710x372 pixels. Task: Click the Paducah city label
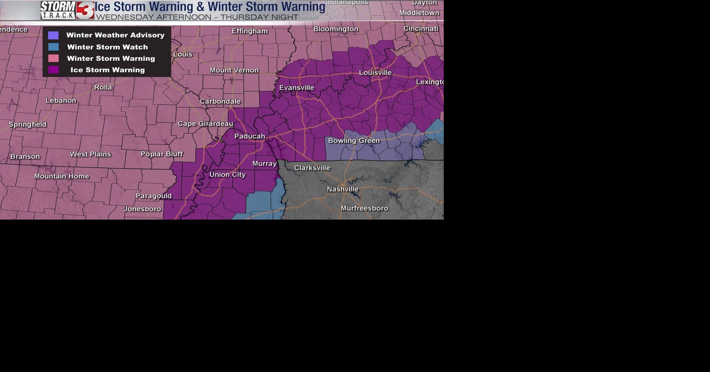(250, 136)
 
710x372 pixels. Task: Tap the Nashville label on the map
(342, 189)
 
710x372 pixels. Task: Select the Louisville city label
(375, 73)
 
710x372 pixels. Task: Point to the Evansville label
(297, 88)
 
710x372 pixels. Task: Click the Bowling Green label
(354, 141)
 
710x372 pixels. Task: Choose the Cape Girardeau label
(205, 124)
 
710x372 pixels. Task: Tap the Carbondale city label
(220, 101)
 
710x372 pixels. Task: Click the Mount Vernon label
(234, 70)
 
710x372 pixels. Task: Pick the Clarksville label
(312, 168)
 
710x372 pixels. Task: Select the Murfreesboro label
(364, 209)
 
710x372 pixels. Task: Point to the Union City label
(227, 175)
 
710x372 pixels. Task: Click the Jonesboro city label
(142, 209)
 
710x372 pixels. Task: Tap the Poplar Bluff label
(162, 154)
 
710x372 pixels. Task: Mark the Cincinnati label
(420, 29)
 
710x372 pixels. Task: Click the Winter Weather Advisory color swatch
(53, 35)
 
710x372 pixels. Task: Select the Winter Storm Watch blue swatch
(53, 47)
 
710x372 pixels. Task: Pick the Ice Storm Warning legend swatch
(53, 70)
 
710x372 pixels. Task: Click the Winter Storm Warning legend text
(111, 59)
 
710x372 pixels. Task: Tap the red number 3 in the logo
(86, 10)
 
